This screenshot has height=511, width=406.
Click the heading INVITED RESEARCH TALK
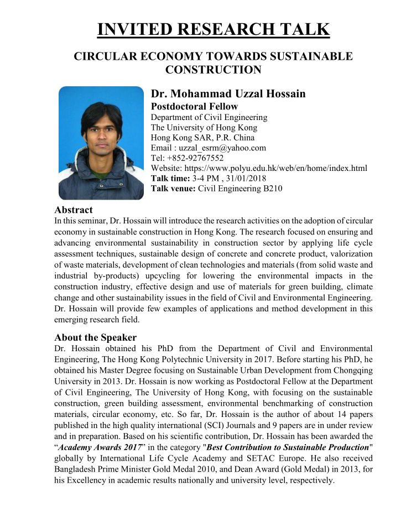(x=214, y=29)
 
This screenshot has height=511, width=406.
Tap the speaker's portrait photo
(x=101, y=143)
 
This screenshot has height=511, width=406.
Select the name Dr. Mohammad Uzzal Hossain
(x=228, y=93)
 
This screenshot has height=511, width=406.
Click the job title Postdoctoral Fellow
(x=195, y=106)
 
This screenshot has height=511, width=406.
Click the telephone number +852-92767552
(x=195, y=158)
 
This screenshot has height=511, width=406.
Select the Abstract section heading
(x=74, y=210)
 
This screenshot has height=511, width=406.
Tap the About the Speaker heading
(x=95, y=337)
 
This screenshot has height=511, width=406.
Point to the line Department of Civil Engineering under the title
(x=209, y=117)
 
